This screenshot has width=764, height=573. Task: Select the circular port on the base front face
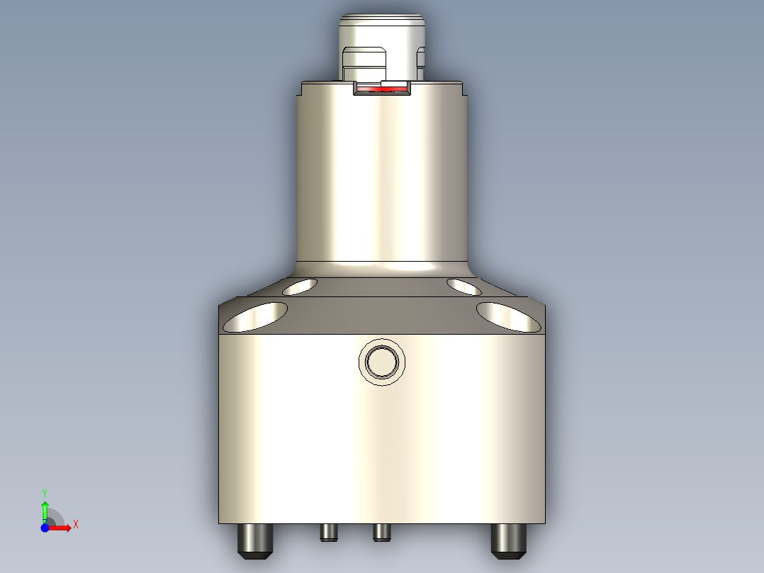point(383,362)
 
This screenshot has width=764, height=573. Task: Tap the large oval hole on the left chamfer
point(255,317)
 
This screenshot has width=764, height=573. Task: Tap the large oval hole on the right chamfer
point(508,317)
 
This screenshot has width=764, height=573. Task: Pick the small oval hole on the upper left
point(299,286)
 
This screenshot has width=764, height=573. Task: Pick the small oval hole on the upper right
point(465,286)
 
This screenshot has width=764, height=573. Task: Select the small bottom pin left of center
point(327,532)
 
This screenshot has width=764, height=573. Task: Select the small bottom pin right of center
point(381,532)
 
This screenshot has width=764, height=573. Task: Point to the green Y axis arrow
point(45,509)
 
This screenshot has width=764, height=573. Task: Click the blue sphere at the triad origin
point(45,528)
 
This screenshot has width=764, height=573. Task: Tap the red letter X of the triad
point(76,524)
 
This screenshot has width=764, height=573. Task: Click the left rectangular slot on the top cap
point(364,62)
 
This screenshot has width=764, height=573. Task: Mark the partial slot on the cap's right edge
point(421,62)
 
